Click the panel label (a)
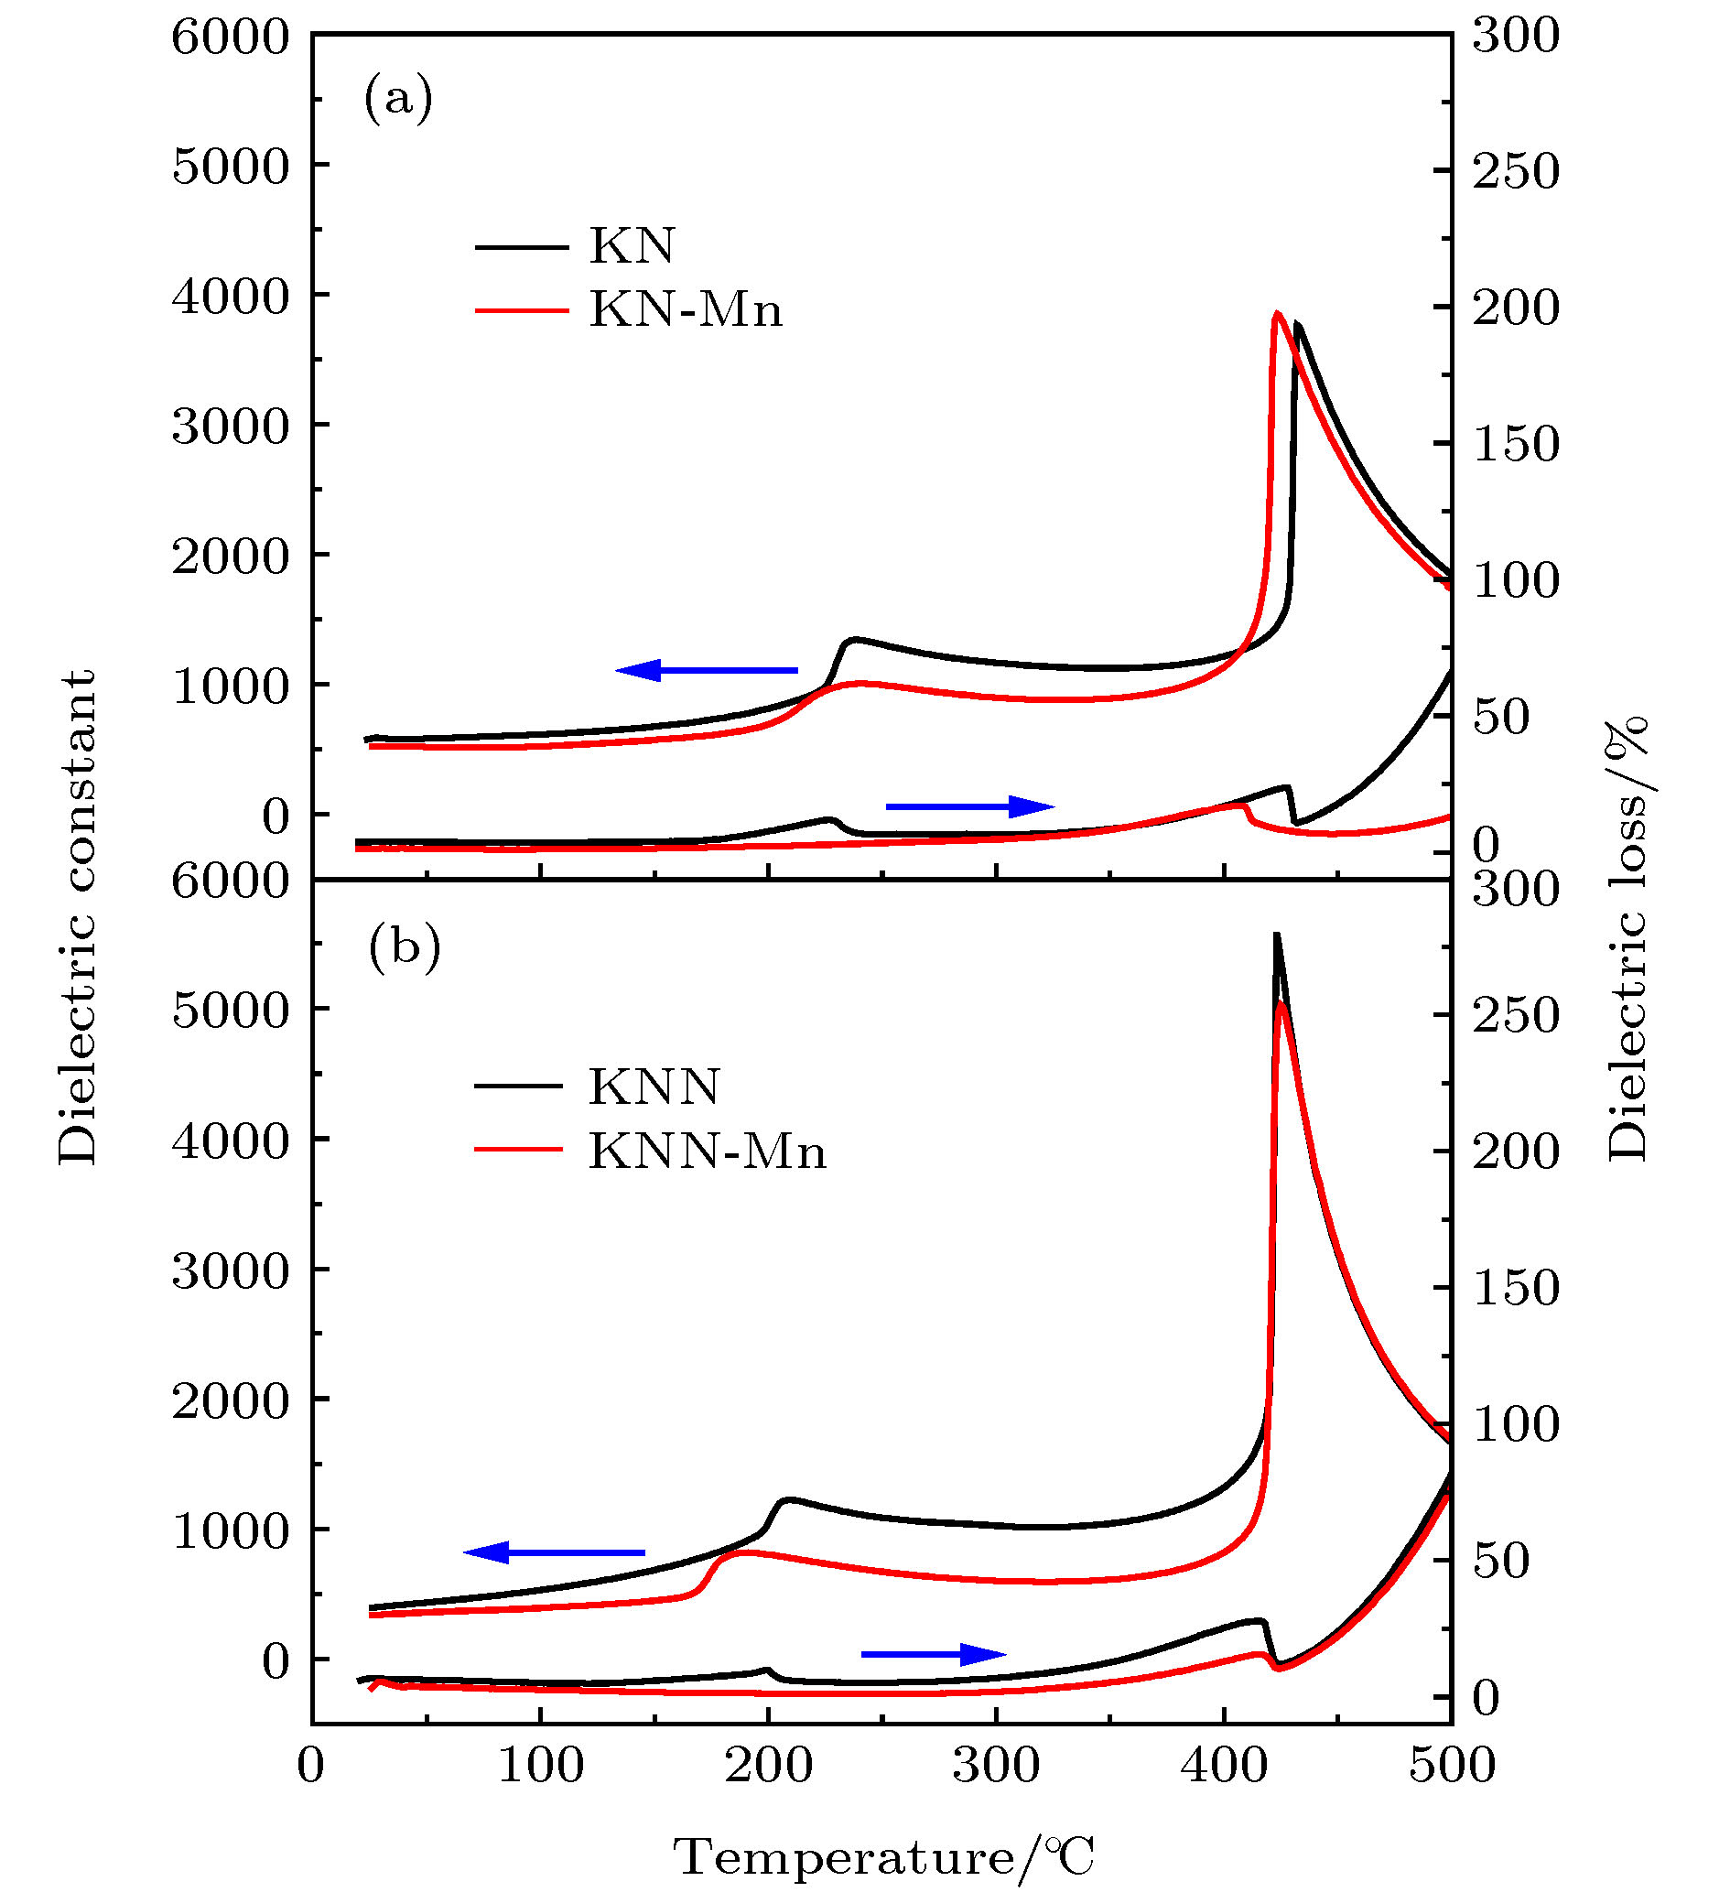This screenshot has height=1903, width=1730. (398, 98)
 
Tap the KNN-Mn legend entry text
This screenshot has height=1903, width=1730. (707, 1151)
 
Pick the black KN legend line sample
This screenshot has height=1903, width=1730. (522, 247)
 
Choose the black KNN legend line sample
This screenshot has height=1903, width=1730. (519, 1087)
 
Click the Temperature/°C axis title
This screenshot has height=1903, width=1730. (882, 1858)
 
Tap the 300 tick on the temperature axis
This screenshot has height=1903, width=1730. (996, 1764)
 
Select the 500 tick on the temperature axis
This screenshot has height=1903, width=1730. (1452, 1764)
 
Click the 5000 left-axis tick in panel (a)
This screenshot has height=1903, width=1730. (231, 168)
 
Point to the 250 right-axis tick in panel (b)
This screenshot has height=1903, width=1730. (1516, 1016)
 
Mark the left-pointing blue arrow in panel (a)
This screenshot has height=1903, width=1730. (706, 670)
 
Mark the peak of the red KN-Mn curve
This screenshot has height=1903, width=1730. (1276, 313)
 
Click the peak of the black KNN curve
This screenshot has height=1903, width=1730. (1276, 935)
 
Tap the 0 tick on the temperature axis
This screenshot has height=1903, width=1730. (311, 1764)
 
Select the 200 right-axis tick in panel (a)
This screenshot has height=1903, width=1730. (1516, 308)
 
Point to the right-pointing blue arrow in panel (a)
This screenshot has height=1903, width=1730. (969, 806)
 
